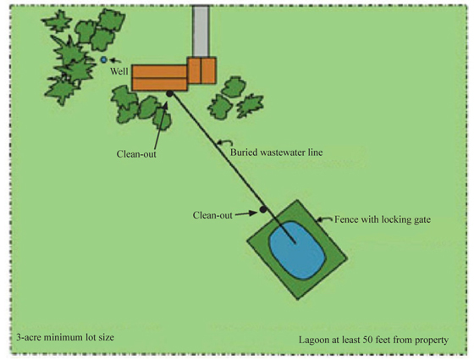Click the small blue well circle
pyautogui.click(x=103, y=60)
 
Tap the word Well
pyautogui.click(x=119, y=71)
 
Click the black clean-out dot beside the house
pyautogui.click(x=170, y=94)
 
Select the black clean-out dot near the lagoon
pyautogui.click(x=263, y=209)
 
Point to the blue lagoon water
pyautogui.click(x=297, y=250)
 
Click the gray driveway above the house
pyautogui.click(x=201, y=31)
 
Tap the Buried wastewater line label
pyautogui.click(x=276, y=152)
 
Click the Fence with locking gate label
pyautogui.click(x=383, y=219)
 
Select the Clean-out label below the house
pyautogui.click(x=136, y=154)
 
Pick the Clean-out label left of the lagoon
pyautogui.click(x=212, y=215)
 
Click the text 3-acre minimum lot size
pyautogui.click(x=65, y=337)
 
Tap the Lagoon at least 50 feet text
pyautogui.click(x=373, y=340)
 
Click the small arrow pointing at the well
pyautogui.click(x=115, y=61)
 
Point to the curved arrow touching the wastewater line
pyautogui.click(x=225, y=142)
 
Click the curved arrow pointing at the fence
pyautogui.click(x=324, y=219)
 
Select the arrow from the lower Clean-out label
pyautogui.click(x=246, y=213)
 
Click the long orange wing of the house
pyautogui.click(x=160, y=78)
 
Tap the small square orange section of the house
pyautogui.click(x=201, y=70)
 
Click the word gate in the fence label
pyautogui.click(x=422, y=220)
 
